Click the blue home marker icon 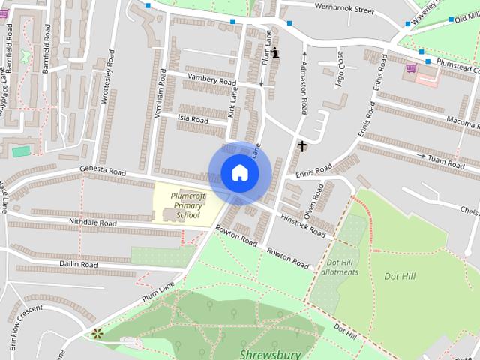coord(239,172)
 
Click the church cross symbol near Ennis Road coord(301,145)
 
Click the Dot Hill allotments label coord(343,267)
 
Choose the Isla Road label coord(192,119)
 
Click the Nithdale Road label coord(93,223)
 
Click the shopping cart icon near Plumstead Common coord(410,67)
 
